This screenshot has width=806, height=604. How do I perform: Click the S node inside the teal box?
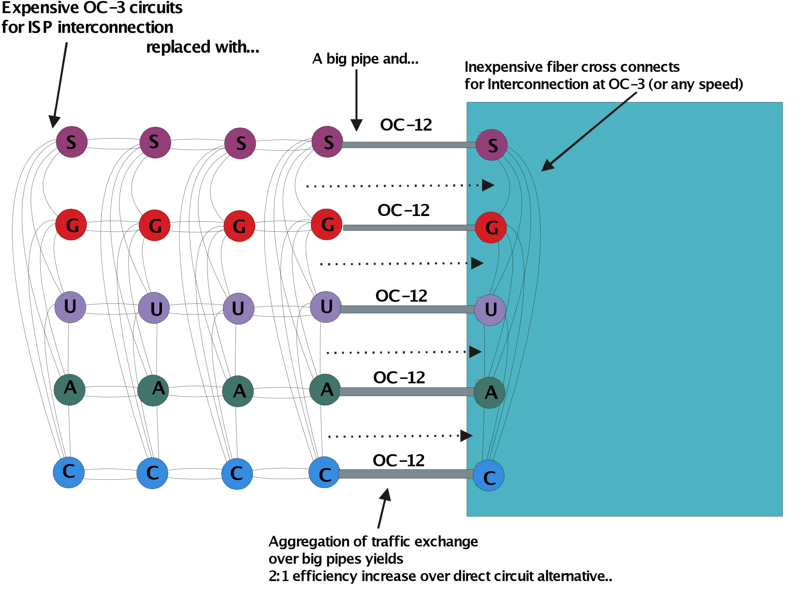492,145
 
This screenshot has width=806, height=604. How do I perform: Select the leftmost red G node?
71,224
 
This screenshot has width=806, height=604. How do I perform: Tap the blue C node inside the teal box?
489,476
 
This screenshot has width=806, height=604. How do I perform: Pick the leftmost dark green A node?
70,390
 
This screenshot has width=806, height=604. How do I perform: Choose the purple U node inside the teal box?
491,310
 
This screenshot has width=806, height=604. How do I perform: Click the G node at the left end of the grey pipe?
327,224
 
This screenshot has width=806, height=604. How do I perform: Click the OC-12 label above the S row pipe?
406,125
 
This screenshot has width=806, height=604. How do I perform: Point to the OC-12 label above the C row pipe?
399,461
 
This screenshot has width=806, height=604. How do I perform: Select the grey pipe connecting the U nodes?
407,310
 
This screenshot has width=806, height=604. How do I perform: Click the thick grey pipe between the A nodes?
406,392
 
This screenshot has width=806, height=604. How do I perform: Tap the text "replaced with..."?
202,47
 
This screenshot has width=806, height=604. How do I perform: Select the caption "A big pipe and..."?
365,59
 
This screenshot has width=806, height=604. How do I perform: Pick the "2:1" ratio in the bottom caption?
279,576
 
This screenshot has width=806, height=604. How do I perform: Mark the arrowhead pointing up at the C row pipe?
386,495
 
